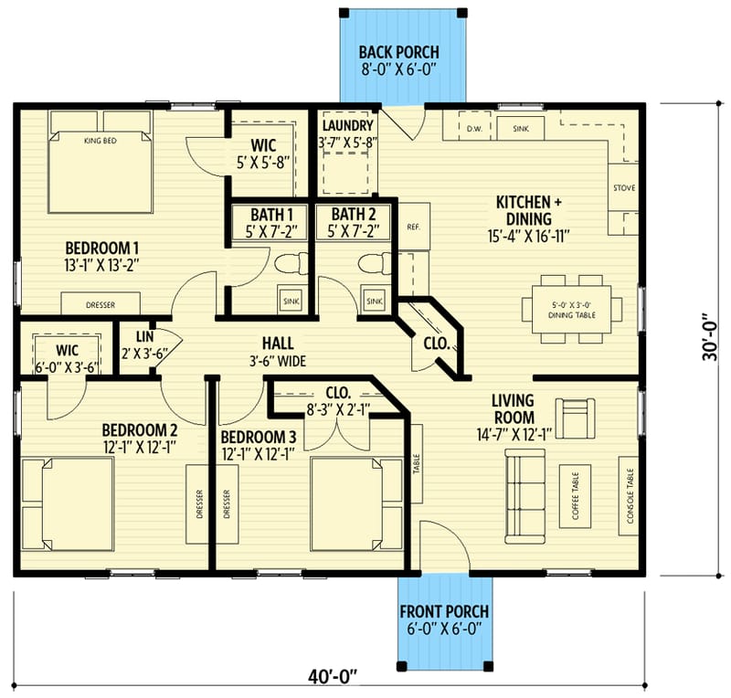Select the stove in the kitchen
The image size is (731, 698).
pos(625,189)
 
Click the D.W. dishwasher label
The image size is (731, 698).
pos(473,129)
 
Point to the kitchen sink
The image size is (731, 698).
pos(521,129)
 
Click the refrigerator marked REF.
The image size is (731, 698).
pos(412,227)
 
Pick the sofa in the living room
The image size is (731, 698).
pos(524,494)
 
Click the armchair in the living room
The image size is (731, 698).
pos(575,418)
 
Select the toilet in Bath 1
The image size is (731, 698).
pos(287,266)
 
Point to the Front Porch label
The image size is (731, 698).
pos(443,619)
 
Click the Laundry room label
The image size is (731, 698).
pos(347,134)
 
